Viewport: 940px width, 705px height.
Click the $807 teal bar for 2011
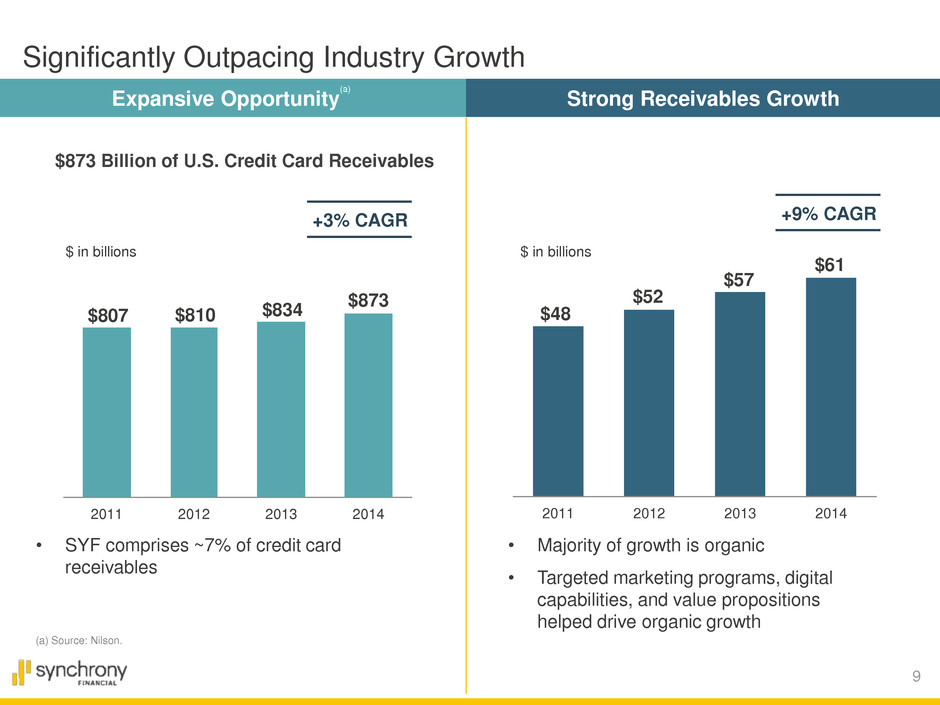(x=106, y=411)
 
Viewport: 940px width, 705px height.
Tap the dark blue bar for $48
(x=558, y=410)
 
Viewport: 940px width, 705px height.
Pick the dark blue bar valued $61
(x=831, y=386)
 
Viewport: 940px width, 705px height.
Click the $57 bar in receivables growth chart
(x=740, y=393)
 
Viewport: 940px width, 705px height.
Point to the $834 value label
(x=281, y=310)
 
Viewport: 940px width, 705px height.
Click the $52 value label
(x=648, y=298)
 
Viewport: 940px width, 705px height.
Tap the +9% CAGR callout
(x=828, y=213)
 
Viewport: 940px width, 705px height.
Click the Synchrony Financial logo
(x=69, y=673)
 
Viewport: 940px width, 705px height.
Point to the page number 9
(x=917, y=679)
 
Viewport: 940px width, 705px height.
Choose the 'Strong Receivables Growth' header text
(x=702, y=98)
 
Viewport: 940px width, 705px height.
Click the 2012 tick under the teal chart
(x=194, y=515)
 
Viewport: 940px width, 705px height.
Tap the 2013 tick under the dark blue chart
(x=740, y=514)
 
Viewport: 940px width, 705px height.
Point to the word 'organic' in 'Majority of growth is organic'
(x=734, y=546)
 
